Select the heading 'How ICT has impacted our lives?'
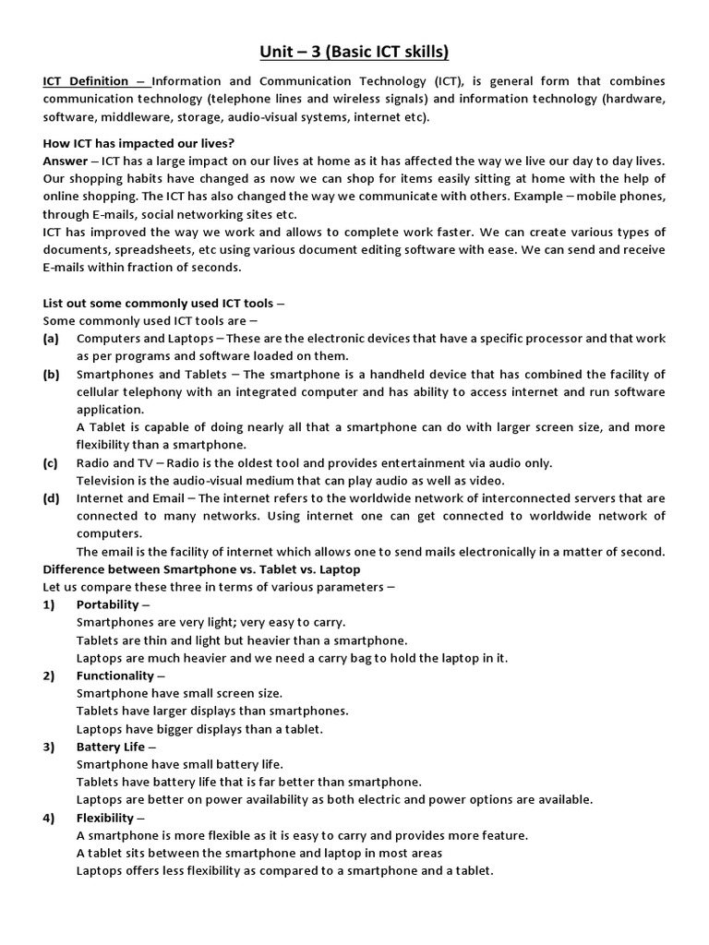138,143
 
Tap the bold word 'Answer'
65,161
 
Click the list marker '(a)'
51,339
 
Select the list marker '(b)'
51,374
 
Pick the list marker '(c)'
51,463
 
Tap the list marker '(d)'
51,498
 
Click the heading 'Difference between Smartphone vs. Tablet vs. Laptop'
201,569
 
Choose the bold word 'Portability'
108,604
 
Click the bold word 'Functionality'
115,676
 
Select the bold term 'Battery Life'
111,747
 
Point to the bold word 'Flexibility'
105,818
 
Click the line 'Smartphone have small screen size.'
179,693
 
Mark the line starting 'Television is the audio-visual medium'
290,481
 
